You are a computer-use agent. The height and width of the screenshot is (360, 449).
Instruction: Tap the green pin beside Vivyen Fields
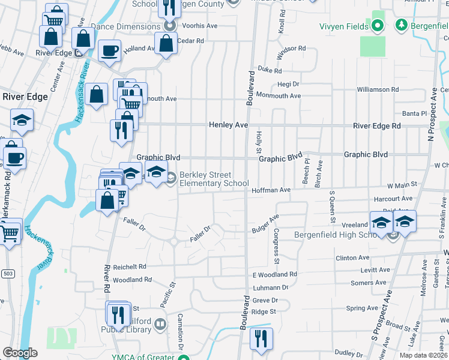377,25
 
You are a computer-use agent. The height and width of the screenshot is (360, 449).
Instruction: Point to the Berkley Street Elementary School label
214,179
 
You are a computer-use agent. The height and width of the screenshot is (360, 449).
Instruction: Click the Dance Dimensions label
126,27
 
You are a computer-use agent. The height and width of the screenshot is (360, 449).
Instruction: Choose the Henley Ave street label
228,125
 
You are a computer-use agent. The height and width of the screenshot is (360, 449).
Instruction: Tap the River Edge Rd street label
376,125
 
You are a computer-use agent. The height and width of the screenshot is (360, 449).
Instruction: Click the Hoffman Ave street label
271,190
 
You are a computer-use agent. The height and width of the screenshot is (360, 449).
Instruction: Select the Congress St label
276,246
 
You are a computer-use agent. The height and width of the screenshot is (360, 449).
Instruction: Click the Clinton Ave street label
353,257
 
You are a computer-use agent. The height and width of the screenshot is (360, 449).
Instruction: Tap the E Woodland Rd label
274,274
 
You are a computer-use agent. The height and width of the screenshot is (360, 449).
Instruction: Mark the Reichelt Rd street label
129,266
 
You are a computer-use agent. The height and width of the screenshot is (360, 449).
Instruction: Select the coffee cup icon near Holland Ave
109,50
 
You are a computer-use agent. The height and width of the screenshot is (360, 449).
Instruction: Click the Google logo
20,353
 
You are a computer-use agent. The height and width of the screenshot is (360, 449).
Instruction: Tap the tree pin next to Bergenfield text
401,25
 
